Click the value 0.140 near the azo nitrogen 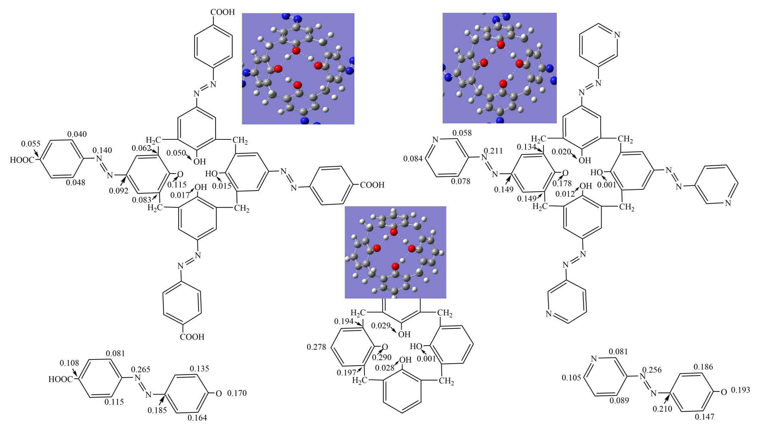tap(102, 150)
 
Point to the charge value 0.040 tap(77, 134)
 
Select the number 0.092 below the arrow tap(119, 191)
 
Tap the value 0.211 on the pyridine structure tap(493, 151)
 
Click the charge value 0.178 tap(562, 183)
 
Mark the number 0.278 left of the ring tap(316, 347)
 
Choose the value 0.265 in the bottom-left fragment tap(141, 370)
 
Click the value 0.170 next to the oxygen tap(237, 393)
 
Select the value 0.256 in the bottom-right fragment tap(652, 370)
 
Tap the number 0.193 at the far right tap(740, 390)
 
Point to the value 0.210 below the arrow tap(662, 409)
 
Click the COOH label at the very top tap(223, 12)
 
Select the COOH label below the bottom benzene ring tap(192, 337)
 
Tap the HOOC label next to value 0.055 tap(22, 160)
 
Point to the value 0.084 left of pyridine tap(413, 159)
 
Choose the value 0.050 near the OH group tap(176, 153)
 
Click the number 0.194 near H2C tap(344, 321)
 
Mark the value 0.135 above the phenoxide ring tap(199, 369)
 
